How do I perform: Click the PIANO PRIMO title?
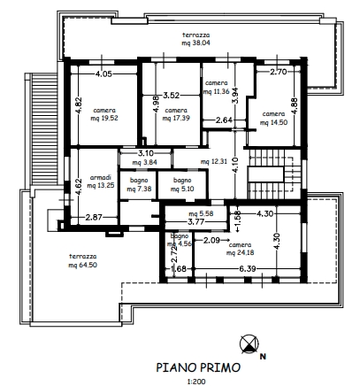pyautogui.click(x=198, y=367)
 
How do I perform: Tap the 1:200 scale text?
pyautogui.click(x=196, y=382)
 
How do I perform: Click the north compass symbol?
pyautogui.click(x=249, y=344)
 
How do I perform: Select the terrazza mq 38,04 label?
pyautogui.click(x=195, y=39)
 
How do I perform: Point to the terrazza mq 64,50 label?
pyautogui.click(x=82, y=260)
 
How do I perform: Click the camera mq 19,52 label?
pyautogui.click(x=104, y=114)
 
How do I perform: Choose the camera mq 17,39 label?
pyautogui.click(x=176, y=114)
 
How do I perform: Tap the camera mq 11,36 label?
pyautogui.click(x=216, y=87)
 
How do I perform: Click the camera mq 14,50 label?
pyautogui.click(x=273, y=118)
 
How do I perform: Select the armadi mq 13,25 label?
pyautogui.click(x=101, y=181)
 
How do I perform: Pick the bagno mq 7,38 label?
pyautogui.click(x=139, y=184)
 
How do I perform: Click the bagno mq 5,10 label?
pyautogui.click(x=182, y=184)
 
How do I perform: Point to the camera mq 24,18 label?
pyautogui.click(x=240, y=249)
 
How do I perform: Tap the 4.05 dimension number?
pyautogui.click(x=103, y=73)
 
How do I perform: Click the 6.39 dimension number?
pyautogui.click(x=247, y=269)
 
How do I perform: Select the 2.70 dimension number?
pyautogui.click(x=279, y=72)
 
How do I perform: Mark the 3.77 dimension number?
pyautogui.click(x=195, y=221)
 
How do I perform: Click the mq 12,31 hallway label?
pyautogui.click(x=214, y=161)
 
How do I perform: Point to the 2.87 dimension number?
pyautogui.click(x=94, y=218)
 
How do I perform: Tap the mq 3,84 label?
pyautogui.click(x=145, y=162)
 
